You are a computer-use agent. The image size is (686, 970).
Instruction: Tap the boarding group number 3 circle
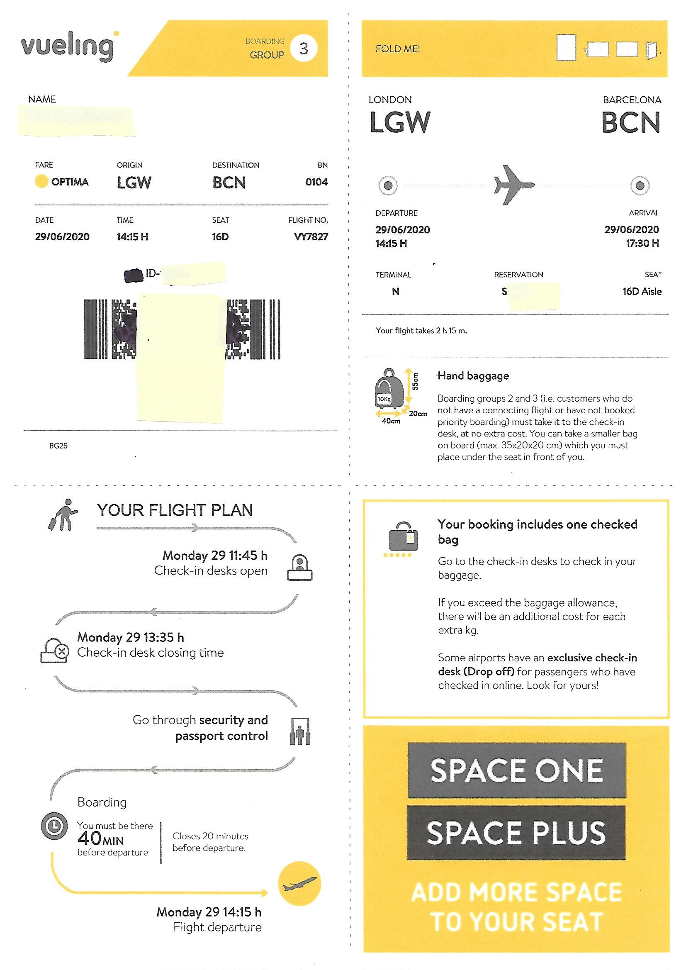point(303,49)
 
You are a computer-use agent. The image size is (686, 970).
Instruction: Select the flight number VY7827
point(311,237)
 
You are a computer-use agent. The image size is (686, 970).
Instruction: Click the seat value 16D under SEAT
point(220,237)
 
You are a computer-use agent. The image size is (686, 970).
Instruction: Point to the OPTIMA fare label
point(70,182)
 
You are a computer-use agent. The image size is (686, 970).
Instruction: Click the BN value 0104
point(316,182)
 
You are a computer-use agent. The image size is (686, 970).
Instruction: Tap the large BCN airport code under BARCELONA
point(630,122)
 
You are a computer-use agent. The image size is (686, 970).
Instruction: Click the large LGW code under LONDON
point(399,122)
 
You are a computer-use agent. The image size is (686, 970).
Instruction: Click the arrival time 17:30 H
point(642,244)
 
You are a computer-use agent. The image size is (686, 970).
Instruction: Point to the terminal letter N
point(395,292)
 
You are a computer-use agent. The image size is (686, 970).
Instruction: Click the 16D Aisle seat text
point(642,292)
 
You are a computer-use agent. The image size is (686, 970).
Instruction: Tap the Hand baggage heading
point(473,376)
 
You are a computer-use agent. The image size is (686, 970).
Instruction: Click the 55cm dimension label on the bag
point(416,381)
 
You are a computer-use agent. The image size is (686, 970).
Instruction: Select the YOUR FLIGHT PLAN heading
point(175,510)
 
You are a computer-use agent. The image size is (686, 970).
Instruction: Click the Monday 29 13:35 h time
point(131,637)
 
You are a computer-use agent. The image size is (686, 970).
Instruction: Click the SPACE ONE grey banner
point(516,770)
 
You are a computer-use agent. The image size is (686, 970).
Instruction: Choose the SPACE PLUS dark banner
point(516,833)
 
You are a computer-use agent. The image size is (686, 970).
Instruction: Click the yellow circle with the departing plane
point(299,883)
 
